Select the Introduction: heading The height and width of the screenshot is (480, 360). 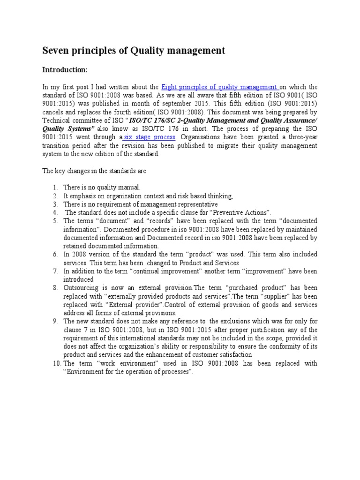point(65,70)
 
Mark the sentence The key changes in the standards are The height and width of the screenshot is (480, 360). point(94,171)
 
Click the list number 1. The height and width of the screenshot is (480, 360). point(55,187)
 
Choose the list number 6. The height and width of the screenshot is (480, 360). point(55,254)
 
